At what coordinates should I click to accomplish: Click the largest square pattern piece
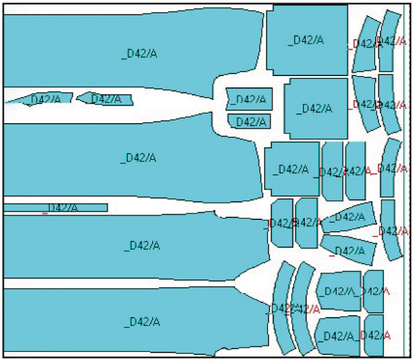[307, 40]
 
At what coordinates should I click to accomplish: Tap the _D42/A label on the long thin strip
[62, 208]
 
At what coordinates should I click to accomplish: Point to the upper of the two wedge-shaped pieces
[347, 217]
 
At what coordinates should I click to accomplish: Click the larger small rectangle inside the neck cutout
[248, 99]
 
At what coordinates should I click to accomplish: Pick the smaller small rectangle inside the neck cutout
[249, 121]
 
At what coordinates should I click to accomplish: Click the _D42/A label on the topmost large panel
[139, 53]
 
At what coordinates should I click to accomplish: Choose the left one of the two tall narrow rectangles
[331, 171]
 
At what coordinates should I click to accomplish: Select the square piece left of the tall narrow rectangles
[292, 169]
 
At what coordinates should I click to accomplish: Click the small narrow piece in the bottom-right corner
[375, 335]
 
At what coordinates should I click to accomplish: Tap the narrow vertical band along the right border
[407, 177]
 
